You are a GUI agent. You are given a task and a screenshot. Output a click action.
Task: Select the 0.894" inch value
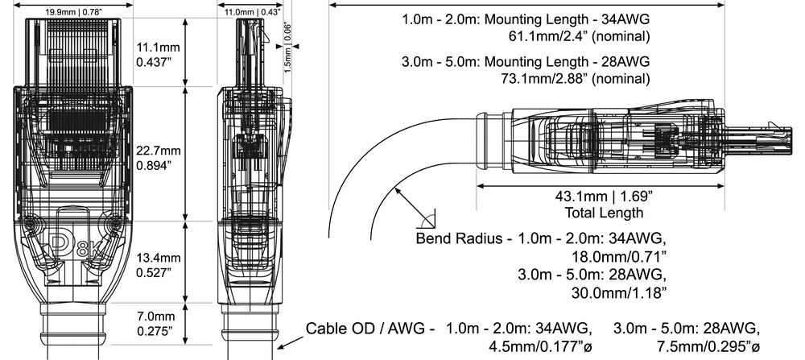[x=156, y=166]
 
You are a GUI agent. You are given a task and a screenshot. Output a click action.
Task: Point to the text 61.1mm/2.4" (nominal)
[x=591, y=36]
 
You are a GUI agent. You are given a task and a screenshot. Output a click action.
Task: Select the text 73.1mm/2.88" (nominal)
[x=591, y=78]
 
